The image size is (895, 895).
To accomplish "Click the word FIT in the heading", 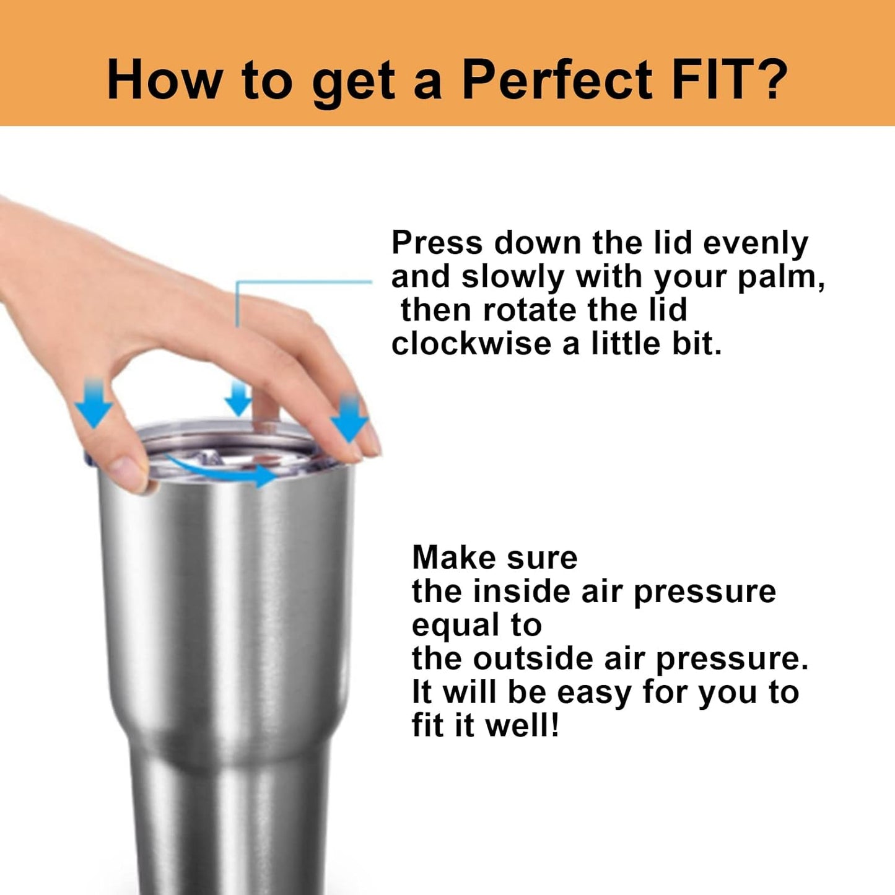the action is pos(706,79).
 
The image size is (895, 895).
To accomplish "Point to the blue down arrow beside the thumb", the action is pos(94,403).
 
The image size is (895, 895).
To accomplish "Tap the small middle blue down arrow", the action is pos(238,399).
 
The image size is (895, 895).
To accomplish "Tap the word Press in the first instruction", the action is pos(437,243).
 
